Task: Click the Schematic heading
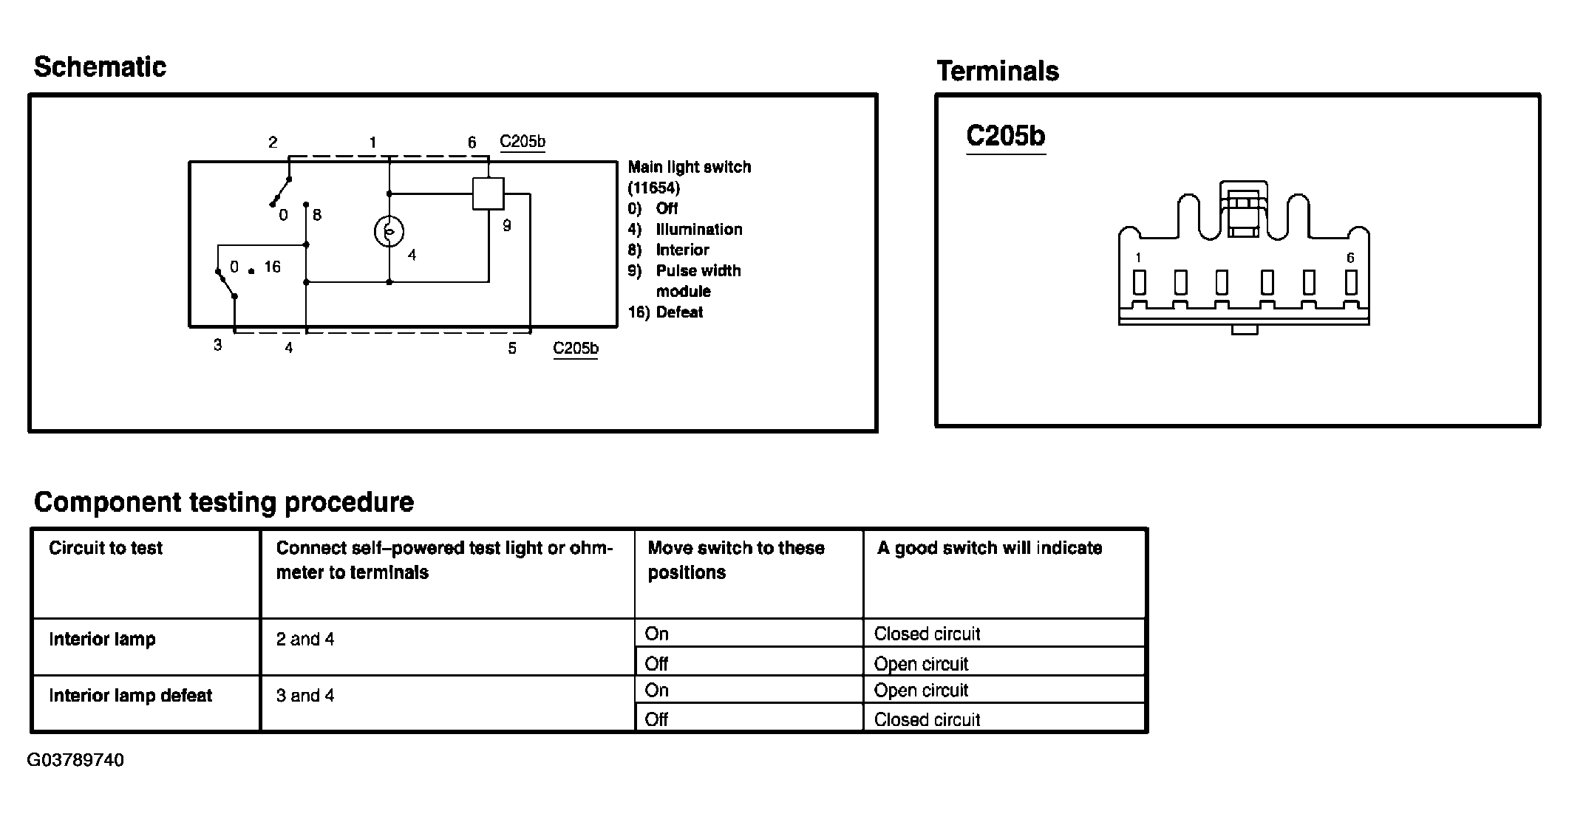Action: [x=100, y=67]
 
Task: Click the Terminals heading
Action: [x=997, y=72]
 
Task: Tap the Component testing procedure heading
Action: [x=223, y=502]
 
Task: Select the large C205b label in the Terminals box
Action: [x=1005, y=137]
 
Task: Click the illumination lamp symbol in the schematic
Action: [x=389, y=232]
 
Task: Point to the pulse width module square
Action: [x=488, y=193]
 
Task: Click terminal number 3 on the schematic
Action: [x=217, y=345]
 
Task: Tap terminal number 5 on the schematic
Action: [x=511, y=348]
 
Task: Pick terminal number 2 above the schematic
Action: [x=273, y=142]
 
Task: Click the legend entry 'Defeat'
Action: [x=678, y=312]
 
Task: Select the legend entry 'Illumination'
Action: [x=698, y=229]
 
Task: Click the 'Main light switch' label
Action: [x=689, y=167]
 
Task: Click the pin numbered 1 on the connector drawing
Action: [x=1139, y=281]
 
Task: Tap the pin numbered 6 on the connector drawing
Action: [x=1351, y=281]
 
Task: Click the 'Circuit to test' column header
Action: [x=106, y=548]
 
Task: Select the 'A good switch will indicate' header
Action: [x=989, y=548]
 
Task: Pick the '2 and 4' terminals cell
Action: [x=304, y=639]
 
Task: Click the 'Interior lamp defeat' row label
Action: [x=130, y=696]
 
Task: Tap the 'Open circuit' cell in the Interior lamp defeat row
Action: [x=920, y=691]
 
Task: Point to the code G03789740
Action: [x=75, y=760]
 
